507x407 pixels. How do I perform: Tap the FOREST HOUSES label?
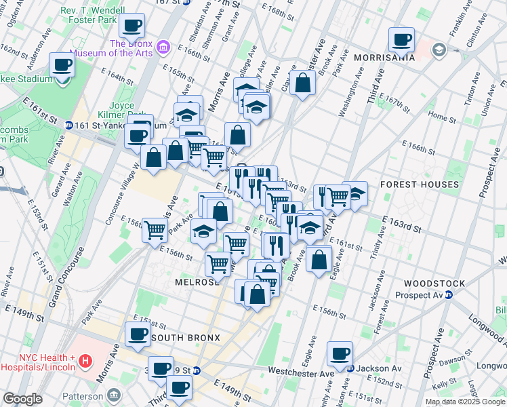[420, 185]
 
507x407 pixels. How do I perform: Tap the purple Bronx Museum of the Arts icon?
[163, 47]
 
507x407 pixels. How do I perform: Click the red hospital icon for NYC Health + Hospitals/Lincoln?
[85, 361]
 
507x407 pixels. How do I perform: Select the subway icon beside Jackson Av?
[350, 370]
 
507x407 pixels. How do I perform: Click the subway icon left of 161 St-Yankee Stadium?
[69, 125]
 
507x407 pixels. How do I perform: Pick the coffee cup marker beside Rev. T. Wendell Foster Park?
[132, 26]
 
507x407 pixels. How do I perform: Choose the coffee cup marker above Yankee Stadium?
[62, 66]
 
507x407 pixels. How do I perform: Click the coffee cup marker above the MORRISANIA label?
[401, 39]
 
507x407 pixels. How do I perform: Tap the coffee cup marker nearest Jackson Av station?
[340, 353]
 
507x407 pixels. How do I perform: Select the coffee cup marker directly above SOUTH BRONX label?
[138, 334]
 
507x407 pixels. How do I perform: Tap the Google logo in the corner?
[22, 399]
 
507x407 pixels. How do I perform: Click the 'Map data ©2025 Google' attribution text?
[464, 402]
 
